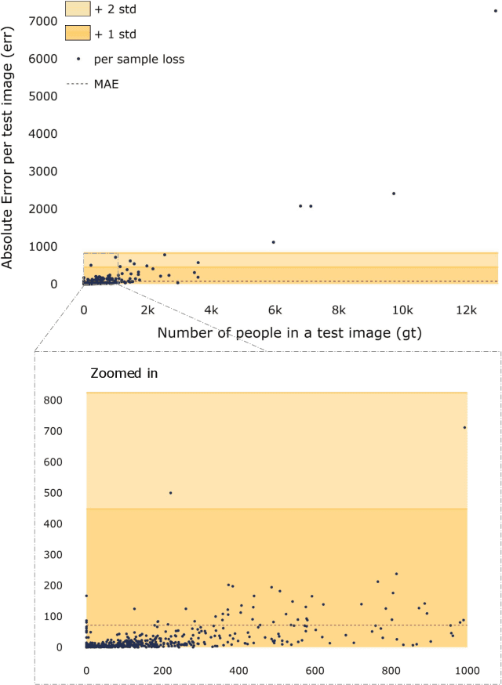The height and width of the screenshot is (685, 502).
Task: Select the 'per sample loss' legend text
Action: click(139, 59)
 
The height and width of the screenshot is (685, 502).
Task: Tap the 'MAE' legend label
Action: click(106, 82)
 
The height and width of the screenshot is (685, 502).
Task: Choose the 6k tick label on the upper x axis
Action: click(274, 310)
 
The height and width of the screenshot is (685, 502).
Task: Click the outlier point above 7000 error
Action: click(495, 11)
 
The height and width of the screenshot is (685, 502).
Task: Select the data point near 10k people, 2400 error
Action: click(394, 194)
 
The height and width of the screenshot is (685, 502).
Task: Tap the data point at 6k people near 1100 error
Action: click(274, 242)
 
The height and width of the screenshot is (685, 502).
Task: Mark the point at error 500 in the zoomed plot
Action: click(171, 493)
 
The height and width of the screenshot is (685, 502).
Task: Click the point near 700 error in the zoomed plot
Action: click(464, 427)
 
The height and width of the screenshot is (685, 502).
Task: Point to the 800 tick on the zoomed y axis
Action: click(64, 400)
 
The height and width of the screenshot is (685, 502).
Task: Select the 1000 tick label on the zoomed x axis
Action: click(467, 670)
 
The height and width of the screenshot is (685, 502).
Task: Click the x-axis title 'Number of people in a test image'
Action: click(289, 333)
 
